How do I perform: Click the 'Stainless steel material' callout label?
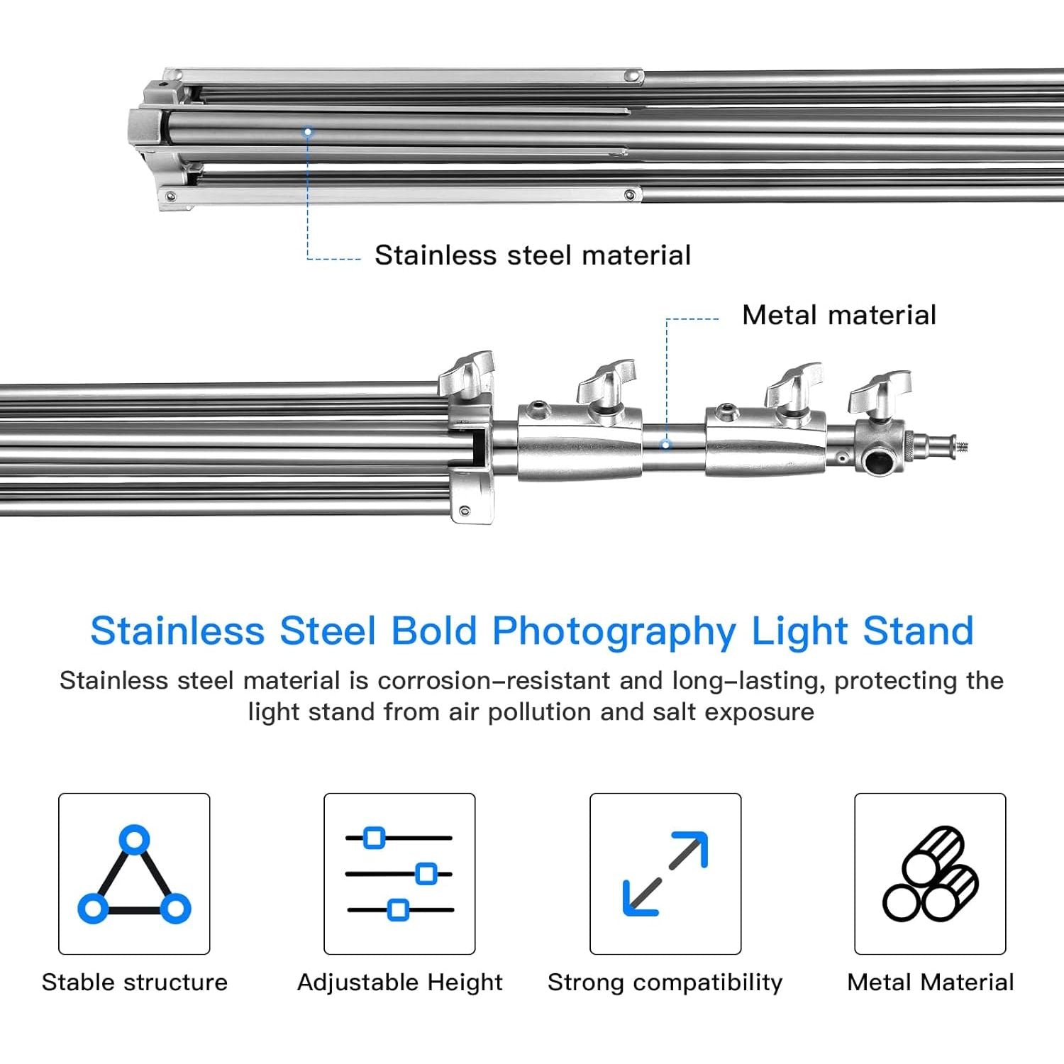click(532, 255)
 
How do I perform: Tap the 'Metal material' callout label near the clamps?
click(838, 315)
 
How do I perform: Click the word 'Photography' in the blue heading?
click(614, 631)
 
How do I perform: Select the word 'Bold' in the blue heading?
click(433, 631)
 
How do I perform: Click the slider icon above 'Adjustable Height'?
click(399, 874)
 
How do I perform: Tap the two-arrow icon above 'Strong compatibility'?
click(665, 874)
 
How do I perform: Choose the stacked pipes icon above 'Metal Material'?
click(931, 874)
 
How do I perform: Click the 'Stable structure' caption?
click(135, 982)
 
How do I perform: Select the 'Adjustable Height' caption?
click(400, 982)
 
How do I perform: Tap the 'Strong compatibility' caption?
click(665, 982)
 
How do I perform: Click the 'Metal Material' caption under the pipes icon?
click(931, 982)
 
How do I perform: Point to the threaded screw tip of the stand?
click(963, 446)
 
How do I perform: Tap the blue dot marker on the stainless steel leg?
click(308, 132)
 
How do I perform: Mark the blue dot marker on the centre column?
click(666, 445)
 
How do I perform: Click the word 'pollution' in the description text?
click(539, 711)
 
